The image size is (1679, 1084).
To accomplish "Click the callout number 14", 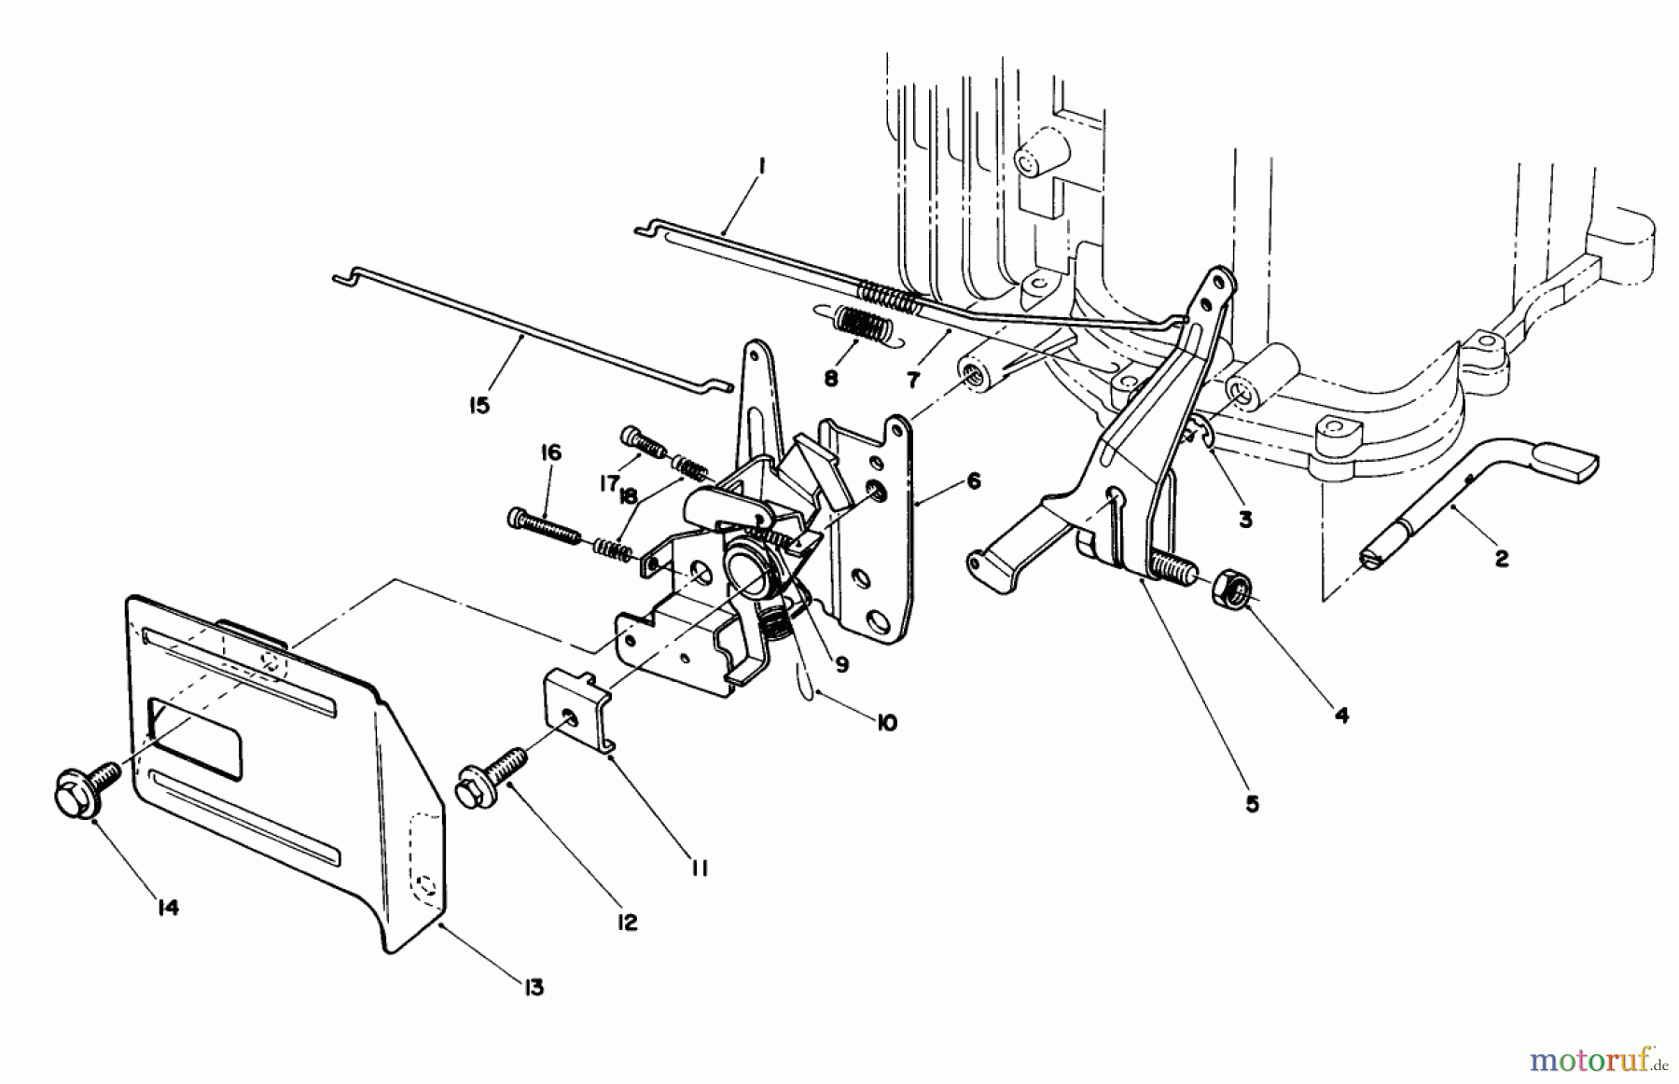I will [167, 907].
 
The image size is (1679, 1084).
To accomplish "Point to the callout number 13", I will [533, 987].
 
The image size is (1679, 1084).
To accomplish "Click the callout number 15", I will [479, 407].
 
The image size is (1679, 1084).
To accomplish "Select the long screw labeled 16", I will [544, 526].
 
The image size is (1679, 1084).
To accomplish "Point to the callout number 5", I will [1252, 802].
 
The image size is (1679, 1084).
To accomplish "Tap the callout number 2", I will [1500, 559].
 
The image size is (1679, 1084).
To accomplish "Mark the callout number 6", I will [973, 480].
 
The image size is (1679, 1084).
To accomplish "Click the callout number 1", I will [761, 167].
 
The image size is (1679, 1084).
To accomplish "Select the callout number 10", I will [886, 722].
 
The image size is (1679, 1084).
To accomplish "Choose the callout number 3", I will [1245, 520].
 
